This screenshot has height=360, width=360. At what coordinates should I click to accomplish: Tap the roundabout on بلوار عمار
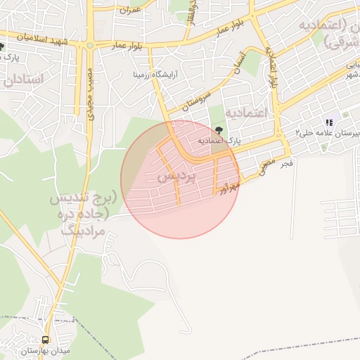pyautogui.click(x=90, y=46)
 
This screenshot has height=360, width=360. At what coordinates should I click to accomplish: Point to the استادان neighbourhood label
pyautogui.click(x=23, y=79)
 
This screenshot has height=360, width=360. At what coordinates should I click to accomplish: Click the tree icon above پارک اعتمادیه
pyautogui.click(x=219, y=129)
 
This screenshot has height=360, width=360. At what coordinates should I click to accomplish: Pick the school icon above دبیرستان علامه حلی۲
pyautogui.click(x=328, y=122)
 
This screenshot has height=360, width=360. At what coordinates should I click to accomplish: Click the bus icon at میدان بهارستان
pyautogui.click(x=45, y=340)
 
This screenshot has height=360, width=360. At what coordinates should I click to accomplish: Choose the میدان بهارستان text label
pyautogui.click(x=27, y=350)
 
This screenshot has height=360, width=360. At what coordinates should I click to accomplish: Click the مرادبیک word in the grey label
pyautogui.click(x=82, y=230)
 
